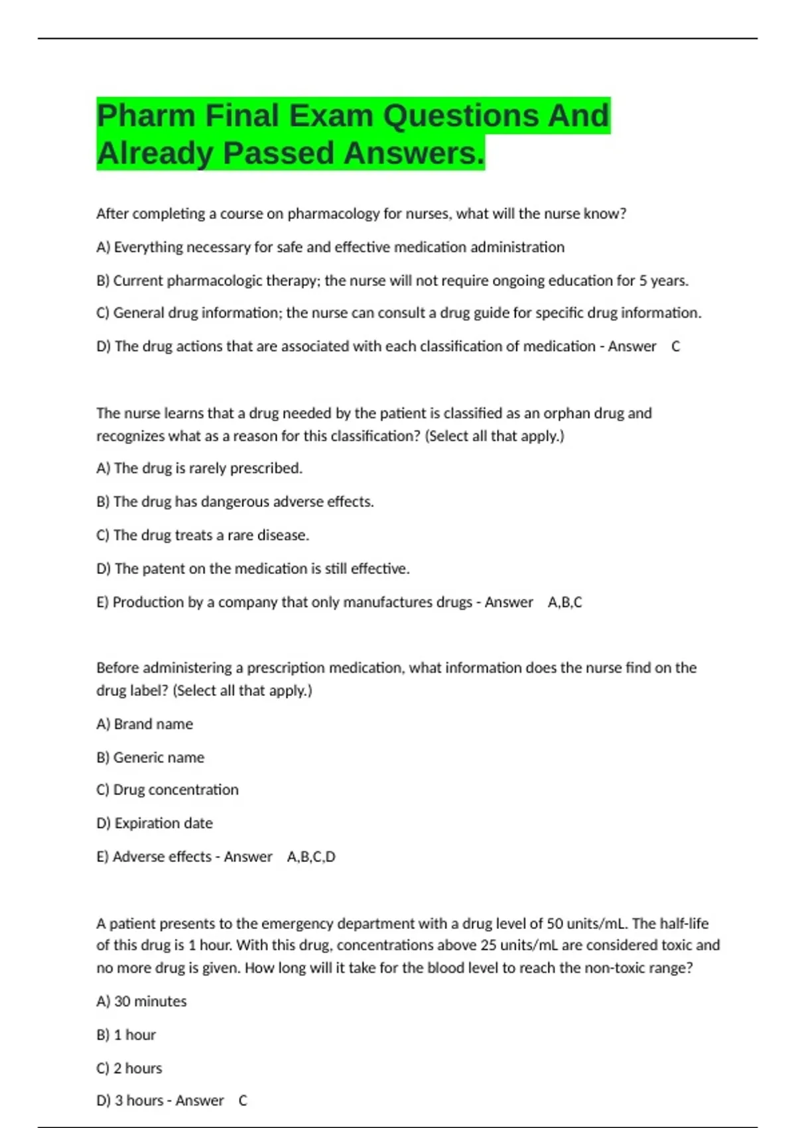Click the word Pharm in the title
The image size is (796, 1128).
pyautogui.click(x=146, y=116)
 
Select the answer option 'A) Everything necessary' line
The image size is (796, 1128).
pyautogui.click(x=330, y=247)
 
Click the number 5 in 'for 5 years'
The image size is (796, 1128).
pyautogui.click(x=643, y=281)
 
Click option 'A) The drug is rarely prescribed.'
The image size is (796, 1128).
pyautogui.click(x=199, y=468)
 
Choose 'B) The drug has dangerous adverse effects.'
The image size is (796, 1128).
pyautogui.click(x=235, y=502)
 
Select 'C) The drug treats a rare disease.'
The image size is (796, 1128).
pyautogui.click(x=202, y=535)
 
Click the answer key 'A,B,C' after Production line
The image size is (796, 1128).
pyautogui.click(x=564, y=602)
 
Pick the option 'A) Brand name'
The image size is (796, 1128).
pyautogui.click(x=145, y=724)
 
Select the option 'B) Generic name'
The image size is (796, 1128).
pyautogui.click(x=150, y=758)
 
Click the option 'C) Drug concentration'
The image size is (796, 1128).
pyautogui.click(x=167, y=790)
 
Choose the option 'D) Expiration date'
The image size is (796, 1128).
pyautogui.click(x=155, y=823)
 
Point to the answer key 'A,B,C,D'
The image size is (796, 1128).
pyautogui.click(x=311, y=857)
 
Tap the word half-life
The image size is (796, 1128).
pyautogui.click(x=681, y=924)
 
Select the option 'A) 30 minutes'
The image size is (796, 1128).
pyautogui.click(x=141, y=1001)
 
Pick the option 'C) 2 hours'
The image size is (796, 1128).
pyautogui.click(x=129, y=1068)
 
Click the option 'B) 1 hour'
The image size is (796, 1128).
pyautogui.click(x=126, y=1035)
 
